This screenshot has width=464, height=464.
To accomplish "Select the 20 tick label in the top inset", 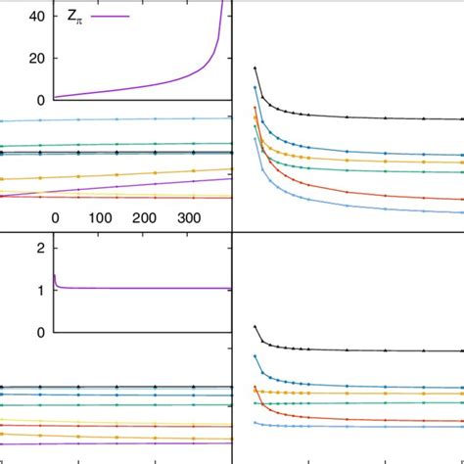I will [x=35, y=58].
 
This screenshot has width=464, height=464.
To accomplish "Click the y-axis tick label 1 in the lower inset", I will [x=40, y=290].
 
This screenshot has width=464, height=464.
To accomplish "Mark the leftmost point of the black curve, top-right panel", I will [x=255, y=68].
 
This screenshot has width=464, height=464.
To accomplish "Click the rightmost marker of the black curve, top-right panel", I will [x=461, y=120].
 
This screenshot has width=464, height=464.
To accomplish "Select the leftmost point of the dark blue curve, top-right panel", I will [x=255, y=88].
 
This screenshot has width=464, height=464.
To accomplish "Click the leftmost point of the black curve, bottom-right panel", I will [x=255, y=326].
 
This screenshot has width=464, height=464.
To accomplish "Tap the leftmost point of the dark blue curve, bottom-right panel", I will [x=255, y=356].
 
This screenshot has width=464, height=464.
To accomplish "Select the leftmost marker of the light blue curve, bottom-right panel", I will [x=255, y=422].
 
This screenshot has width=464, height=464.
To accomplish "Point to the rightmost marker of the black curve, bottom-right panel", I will [x=461, y=351].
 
